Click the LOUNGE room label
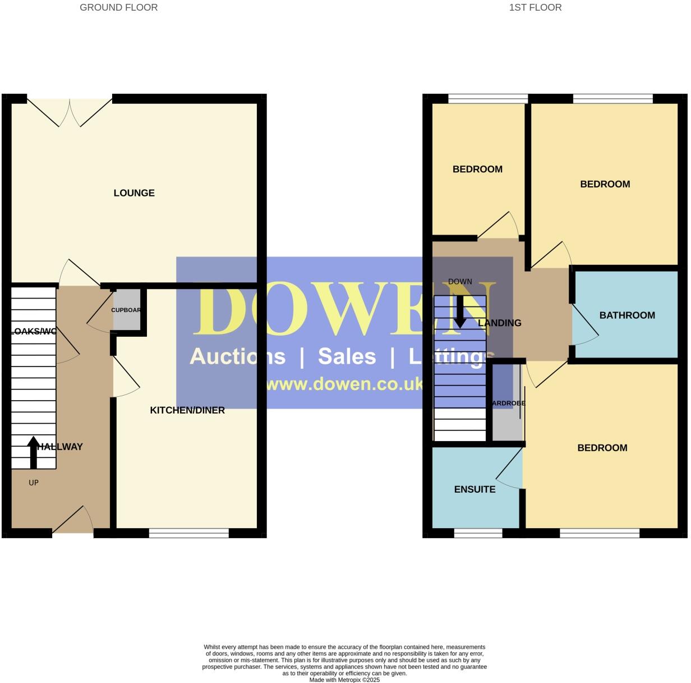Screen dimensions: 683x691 (134, 193)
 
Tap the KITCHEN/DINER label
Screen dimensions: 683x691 (187, 410)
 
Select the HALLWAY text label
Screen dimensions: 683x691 (61, 447)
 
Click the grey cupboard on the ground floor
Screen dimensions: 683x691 (127, 310)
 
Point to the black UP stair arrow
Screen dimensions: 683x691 (34, 452)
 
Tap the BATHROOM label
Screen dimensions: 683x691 (627, 315)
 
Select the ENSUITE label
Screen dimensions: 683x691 (475, 489)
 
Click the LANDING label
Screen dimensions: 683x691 (500, 323)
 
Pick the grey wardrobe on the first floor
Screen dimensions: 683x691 (506, 403)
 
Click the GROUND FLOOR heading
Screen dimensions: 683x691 (118, 7)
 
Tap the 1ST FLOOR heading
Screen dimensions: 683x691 (535, 7)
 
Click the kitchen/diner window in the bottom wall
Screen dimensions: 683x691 (189, 533)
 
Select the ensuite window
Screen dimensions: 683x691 (478, 533)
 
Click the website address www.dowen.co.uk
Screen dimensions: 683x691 (344, 384)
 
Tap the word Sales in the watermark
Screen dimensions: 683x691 (347, 356)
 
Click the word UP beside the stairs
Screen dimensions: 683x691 (34, 483)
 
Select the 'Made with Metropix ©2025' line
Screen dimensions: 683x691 (344, 680)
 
